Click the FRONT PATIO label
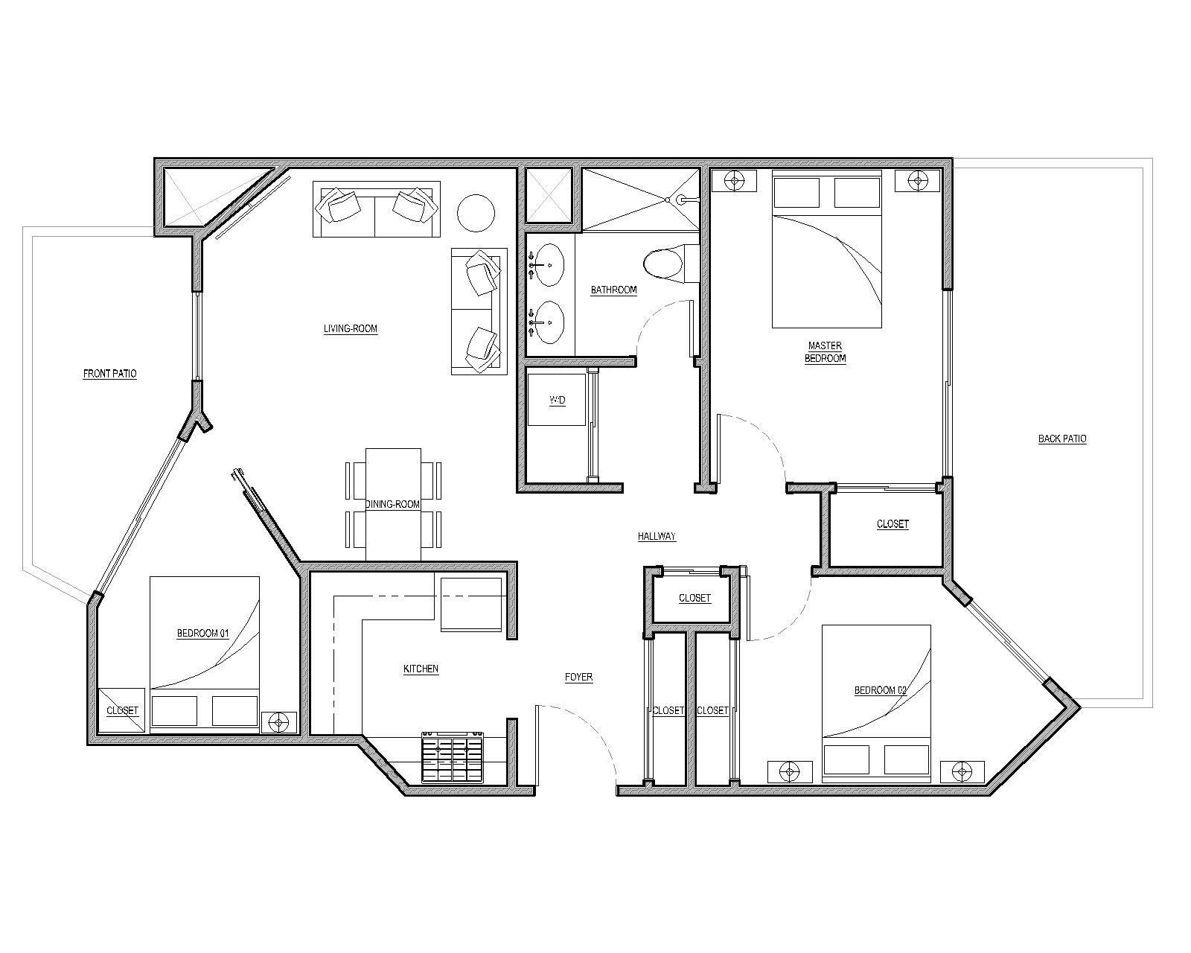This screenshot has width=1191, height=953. point(109,374)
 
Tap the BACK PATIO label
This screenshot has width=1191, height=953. point(1062,439)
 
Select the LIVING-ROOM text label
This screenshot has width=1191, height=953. point(351,328)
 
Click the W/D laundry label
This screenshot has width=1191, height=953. point(557,401)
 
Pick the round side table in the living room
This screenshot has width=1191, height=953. point(475,214)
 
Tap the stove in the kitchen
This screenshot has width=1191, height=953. point(453,757)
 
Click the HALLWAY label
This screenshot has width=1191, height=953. point(657,536)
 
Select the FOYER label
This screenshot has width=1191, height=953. point(578,677)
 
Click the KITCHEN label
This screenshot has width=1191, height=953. point(421,669)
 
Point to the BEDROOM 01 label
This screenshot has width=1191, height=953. point(202,634)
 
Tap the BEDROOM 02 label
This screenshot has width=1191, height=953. point(880,690)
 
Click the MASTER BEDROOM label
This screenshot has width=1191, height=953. point(825,351)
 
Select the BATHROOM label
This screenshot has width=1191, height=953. point(613,290)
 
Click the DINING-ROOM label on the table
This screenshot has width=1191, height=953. point(392,504)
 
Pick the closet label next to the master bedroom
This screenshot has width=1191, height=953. point(893,524)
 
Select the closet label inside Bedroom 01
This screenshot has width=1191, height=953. point(122,710)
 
